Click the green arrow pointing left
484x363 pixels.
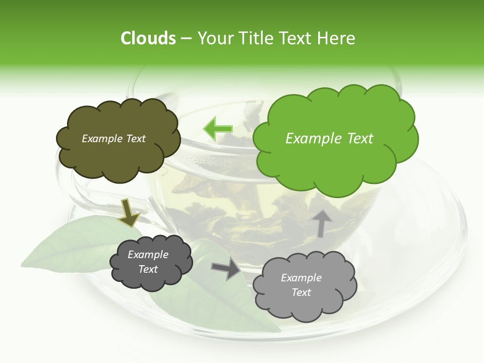(x=218, y=129)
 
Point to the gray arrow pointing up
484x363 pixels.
(x=322, y=222)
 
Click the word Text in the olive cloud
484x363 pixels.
(x=135, y=139)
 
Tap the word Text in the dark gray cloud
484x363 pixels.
(x=148, y=269)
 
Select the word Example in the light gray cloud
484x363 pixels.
(x=301, y=278)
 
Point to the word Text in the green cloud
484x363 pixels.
(x=359, y=139)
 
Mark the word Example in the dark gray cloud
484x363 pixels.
(x=148, y=255)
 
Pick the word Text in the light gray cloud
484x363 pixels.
(x=301, y=292)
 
